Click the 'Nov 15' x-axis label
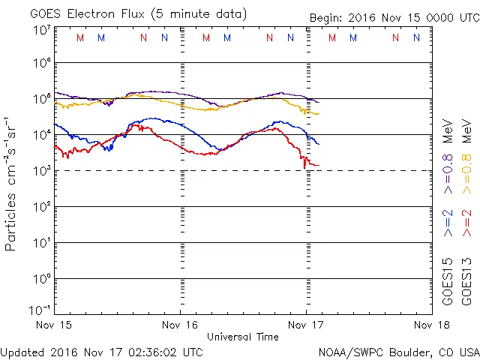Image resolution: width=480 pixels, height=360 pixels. (x=55, y=325)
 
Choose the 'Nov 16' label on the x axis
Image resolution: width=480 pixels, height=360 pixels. (x=181, y=325)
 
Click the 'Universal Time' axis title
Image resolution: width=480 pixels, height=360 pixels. (x=243, y=337)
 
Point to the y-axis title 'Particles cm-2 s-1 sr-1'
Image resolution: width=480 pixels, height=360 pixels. (x=11, y=183)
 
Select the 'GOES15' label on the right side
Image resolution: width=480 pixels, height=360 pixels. (x=448, y=281)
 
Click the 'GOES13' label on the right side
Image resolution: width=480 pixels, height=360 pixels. (x=466, y=281)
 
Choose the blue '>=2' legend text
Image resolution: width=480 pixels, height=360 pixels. (x=448, y=222)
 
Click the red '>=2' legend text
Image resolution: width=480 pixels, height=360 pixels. (x=466, y=222)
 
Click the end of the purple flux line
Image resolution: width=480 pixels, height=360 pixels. (x=319, y=102)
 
